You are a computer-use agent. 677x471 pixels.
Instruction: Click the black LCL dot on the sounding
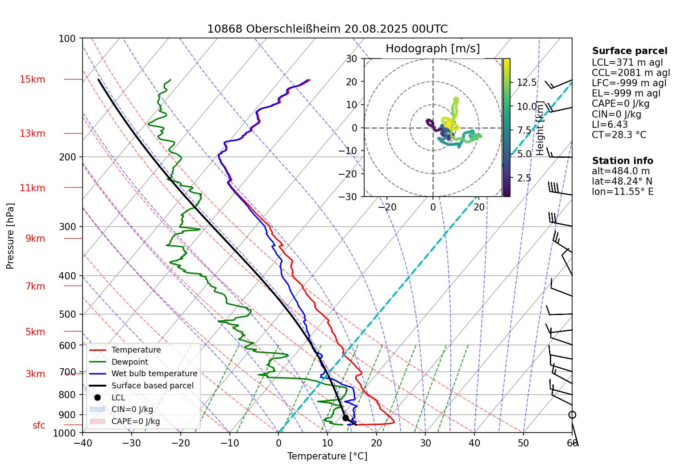tap(345, 418)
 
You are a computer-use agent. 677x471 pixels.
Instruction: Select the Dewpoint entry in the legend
tap(129, 362)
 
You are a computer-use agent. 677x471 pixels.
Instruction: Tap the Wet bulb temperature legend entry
tap(154, 374)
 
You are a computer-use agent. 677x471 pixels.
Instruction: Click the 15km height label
tap(32, 80)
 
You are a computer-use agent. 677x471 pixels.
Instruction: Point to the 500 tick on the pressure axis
tap(67, 314)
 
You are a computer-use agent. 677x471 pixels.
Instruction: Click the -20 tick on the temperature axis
tap(180, 443)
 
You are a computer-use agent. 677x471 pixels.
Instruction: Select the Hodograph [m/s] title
tap(432, 49)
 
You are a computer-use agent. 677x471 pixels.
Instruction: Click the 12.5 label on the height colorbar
tap(527, 83)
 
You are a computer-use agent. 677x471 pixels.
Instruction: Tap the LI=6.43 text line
tap(610, 125)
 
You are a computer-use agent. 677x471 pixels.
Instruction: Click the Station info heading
tap(623, 161)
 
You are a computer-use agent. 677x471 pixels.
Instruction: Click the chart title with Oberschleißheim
tap(327, 29)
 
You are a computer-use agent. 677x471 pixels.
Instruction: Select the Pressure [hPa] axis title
tap(10, 236)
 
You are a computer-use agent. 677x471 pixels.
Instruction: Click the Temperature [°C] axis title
tap(327, 456)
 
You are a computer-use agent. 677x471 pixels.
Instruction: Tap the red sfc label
tap(39, 425)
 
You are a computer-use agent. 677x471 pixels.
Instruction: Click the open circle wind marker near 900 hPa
tap(572, 415)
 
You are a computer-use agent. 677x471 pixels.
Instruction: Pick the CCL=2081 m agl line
tap(631, 73)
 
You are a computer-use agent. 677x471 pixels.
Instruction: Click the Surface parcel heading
tap(630, 51)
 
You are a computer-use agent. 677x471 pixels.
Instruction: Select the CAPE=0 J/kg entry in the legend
tap(135, 421)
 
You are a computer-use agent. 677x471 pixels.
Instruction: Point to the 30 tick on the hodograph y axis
tap(352, 59)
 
